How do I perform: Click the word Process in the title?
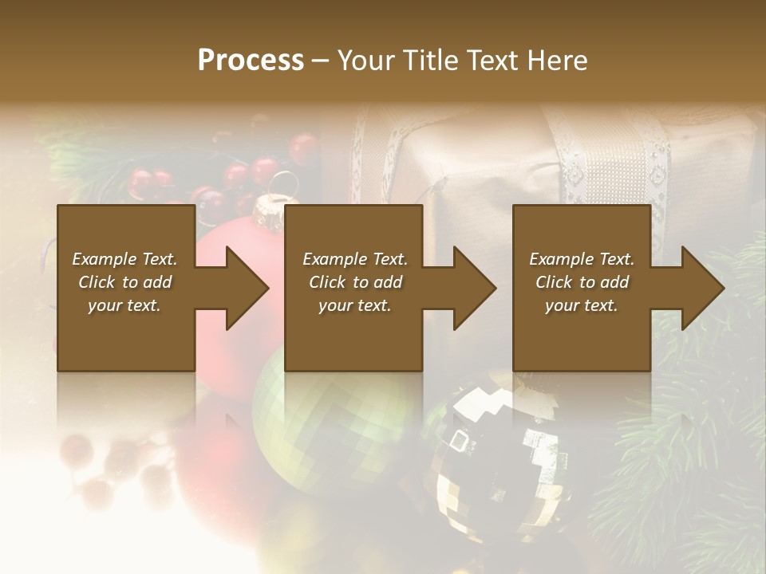click(x=251, y=60)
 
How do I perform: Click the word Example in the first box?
click(x=104, y=259)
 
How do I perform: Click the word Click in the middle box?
click(x=327, y=282)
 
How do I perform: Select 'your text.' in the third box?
click(x=582, y=305)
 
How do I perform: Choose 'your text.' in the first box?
click(x=124, y=305)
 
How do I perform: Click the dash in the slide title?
click(x=321, y=61)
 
